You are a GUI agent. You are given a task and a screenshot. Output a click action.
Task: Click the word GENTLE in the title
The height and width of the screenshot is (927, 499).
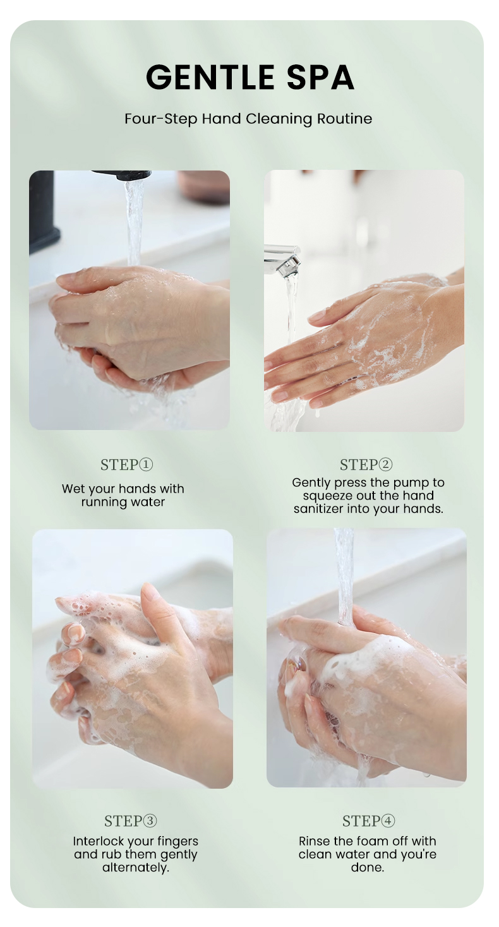[x=210, y=77]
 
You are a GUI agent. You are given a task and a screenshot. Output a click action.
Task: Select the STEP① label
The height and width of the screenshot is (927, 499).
[x=126, y=465]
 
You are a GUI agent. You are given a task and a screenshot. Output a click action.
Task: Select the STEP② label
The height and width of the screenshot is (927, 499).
[x=366, y=465]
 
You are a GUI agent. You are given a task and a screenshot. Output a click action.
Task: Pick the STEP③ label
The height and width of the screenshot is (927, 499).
[x=131, y=821]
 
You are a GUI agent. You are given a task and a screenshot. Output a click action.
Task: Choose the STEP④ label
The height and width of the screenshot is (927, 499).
[x=368, y=821]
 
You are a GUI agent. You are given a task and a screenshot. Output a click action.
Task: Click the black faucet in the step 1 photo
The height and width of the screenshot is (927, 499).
[x=45, y=207]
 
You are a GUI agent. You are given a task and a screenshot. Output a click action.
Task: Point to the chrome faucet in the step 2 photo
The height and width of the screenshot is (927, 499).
[x=282, y=258]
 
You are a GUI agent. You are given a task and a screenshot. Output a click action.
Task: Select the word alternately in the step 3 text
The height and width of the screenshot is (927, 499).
[x=135, y=868]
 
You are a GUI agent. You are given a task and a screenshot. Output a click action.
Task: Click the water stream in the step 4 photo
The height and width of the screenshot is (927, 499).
[x=344, y=575]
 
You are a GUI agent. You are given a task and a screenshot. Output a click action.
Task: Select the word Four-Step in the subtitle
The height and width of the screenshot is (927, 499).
[x=161, y=119]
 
